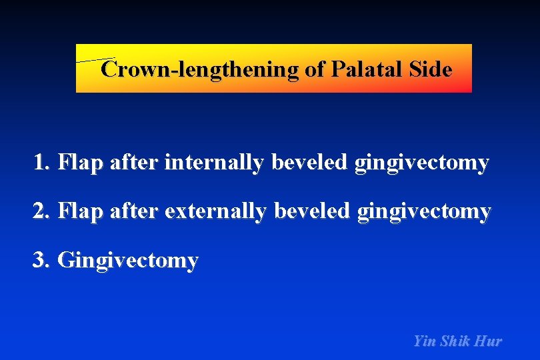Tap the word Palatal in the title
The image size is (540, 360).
coord(366,69)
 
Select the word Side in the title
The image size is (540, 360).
coord(431,69)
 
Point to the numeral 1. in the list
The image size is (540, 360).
coord(43,162)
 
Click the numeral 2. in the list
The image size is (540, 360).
coord(43,211)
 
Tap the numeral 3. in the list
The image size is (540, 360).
coord(43,260)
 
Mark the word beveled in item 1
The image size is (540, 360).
coord(310,162)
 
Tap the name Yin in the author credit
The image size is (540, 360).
coord(423,341)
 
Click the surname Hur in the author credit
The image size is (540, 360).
coord(489,341)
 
